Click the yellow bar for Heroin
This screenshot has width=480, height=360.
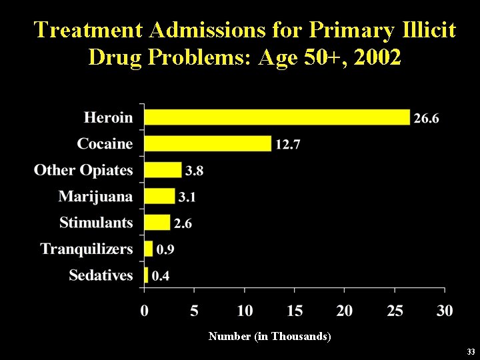coord(277,117)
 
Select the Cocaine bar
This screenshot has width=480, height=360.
coord(208,143)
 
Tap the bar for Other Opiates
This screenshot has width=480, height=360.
coord(163,170)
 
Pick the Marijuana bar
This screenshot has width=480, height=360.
coord(159,196)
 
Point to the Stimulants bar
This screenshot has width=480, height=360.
coord(157,222)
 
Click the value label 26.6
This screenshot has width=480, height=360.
coord(427,119)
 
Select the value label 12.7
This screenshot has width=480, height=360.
coord(288,145)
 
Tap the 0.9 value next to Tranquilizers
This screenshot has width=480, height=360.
coord(165,250)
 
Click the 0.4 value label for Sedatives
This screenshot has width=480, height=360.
coord(160,276)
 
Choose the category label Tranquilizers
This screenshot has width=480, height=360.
coord(87,249)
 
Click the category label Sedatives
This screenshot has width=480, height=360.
coord(101,275)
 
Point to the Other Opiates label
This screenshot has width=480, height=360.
coord(83,170)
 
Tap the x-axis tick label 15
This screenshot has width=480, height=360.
coord(295,311)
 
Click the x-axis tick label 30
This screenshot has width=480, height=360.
coord(445,311)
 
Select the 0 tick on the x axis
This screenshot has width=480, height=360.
coord(145,311)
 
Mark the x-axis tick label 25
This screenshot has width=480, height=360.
coord(395,311)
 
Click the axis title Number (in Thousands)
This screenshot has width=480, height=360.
coord(269,337)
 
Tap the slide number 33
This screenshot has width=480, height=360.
coord(471,351)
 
